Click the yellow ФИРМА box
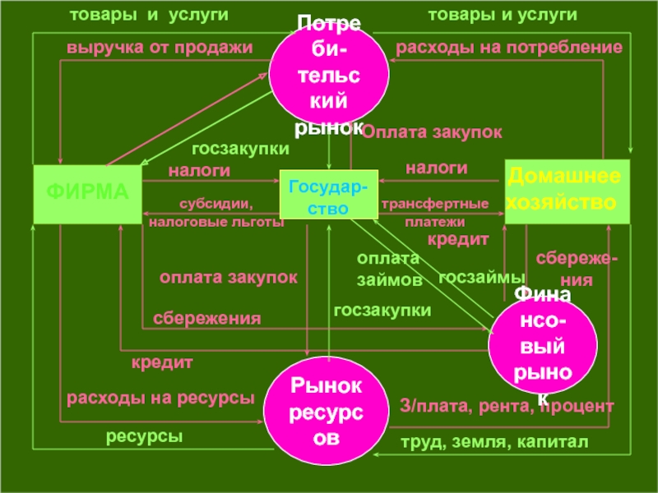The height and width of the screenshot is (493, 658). [86, 194]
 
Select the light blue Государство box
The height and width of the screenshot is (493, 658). [328, 195]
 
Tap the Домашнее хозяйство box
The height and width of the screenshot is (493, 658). [567, 191]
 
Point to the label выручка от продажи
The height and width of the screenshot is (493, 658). [160, 48]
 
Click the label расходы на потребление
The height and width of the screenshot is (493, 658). [509, 48]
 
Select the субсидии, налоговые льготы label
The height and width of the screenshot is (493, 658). [215, 213]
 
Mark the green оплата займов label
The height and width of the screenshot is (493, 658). [388, 270]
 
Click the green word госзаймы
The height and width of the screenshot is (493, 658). [480, 278]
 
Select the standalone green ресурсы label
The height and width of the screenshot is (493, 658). [143, 436]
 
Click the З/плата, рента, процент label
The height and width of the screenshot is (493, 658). [507, 406]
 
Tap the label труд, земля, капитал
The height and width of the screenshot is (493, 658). [493, 443]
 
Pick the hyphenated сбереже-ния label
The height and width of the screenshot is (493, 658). [577, 269]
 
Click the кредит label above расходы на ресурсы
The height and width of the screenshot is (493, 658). [162, 362]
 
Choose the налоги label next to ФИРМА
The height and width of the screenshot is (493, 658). [199, 171]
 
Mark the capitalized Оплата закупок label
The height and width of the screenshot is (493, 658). [433, 131]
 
